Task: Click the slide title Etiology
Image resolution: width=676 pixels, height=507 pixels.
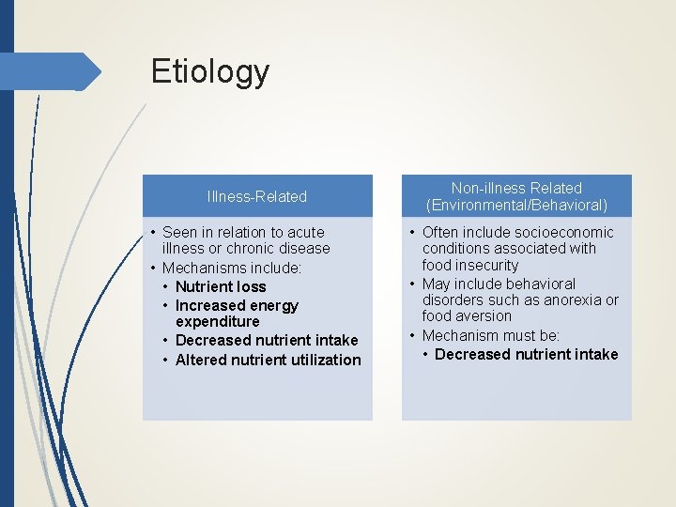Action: click(210, 71)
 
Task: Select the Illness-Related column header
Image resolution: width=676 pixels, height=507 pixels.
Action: click(256, 196)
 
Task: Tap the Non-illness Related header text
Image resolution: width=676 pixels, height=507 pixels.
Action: click(516, 188)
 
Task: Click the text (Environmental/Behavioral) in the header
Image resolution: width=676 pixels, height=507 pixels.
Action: click(516, 205)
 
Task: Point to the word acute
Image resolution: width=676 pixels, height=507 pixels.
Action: click(305, 232)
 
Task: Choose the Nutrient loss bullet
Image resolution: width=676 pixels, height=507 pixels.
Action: click(221, 286)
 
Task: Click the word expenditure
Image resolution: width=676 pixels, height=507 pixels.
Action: click(217, 321)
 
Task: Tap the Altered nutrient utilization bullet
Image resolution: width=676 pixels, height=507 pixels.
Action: click(268, 360)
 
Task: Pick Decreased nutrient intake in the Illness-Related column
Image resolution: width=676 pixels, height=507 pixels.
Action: click(267, 340)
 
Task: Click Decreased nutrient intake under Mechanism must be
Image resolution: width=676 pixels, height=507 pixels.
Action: click(526, 354)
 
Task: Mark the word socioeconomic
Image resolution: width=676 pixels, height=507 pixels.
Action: click(564, 232)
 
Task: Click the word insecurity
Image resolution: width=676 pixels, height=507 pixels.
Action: click(487, 266)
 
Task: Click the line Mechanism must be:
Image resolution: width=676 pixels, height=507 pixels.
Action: click(491, 335)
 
